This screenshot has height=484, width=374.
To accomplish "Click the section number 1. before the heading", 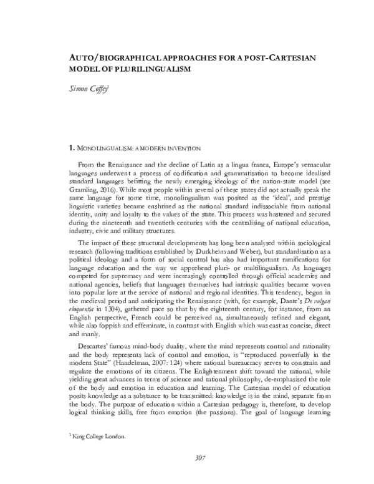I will pos(71,149).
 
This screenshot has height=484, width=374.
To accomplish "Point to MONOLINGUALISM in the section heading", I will pos(107,149).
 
